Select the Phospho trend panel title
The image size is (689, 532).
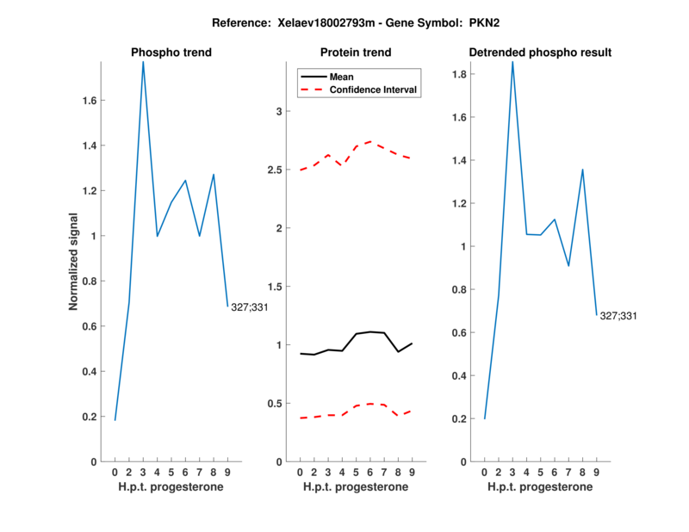171,53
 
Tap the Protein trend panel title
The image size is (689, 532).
356,53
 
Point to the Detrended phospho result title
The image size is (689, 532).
540,53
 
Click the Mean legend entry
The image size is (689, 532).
341,77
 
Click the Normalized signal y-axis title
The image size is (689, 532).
74,262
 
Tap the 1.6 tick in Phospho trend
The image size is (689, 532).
90,100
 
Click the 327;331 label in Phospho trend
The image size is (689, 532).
250,306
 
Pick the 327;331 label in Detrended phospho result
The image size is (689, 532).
618,316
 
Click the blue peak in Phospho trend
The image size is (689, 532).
143,62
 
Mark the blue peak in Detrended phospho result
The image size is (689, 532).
512,62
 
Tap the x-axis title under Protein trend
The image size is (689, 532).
356,487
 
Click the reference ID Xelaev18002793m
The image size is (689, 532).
357,22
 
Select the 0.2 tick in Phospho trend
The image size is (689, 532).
90,417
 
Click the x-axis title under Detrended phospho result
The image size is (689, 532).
540,487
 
